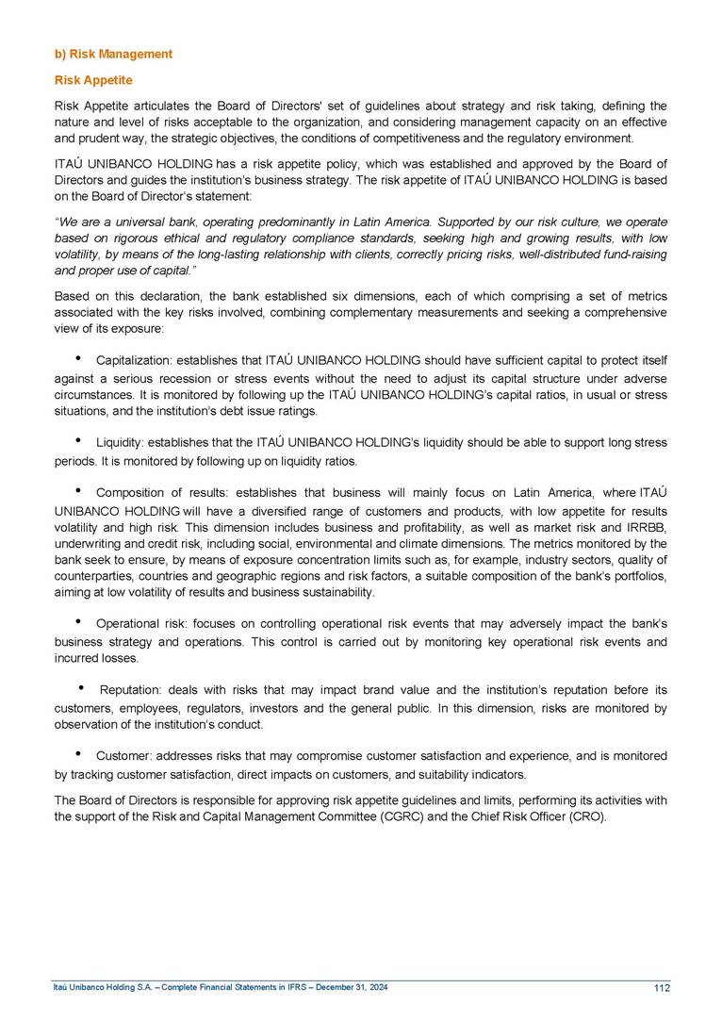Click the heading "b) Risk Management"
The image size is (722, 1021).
(x=112, y=54)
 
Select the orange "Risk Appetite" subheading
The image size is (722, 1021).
(x=92, y=80)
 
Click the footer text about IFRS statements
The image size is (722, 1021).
(x=220, y=987)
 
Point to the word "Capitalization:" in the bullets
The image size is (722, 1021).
(x=132, y=359)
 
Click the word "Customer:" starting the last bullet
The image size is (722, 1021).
(x=124, y=756)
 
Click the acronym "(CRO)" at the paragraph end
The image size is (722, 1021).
(x=589, y=815)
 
